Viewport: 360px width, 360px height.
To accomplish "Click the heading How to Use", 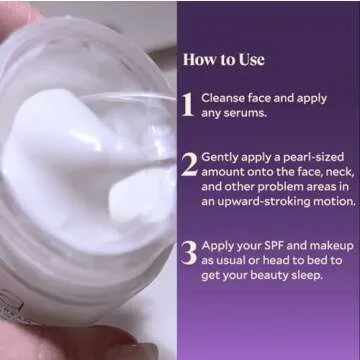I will coord(223,59).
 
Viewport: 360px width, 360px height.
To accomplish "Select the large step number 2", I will coord(188,165).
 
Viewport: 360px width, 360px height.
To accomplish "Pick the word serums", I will coord(247,115).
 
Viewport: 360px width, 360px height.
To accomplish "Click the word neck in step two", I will coord(316,172).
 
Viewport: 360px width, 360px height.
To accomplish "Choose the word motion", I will coord(331,201).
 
